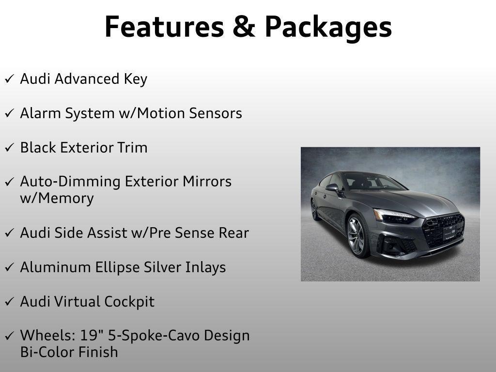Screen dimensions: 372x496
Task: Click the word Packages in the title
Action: (x=328, y=28)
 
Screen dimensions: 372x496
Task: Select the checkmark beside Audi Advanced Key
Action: (x=9, y=79)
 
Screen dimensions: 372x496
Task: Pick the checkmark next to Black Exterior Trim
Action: (x=9, y=148)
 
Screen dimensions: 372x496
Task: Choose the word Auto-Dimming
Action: (x=71, y=182)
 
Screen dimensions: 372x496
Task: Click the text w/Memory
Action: (x=57, y=199)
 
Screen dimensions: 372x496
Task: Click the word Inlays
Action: (x=205, y=267)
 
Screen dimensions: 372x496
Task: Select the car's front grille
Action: (x=442, y=230)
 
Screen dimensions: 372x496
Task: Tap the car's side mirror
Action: (x=332, y=187)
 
